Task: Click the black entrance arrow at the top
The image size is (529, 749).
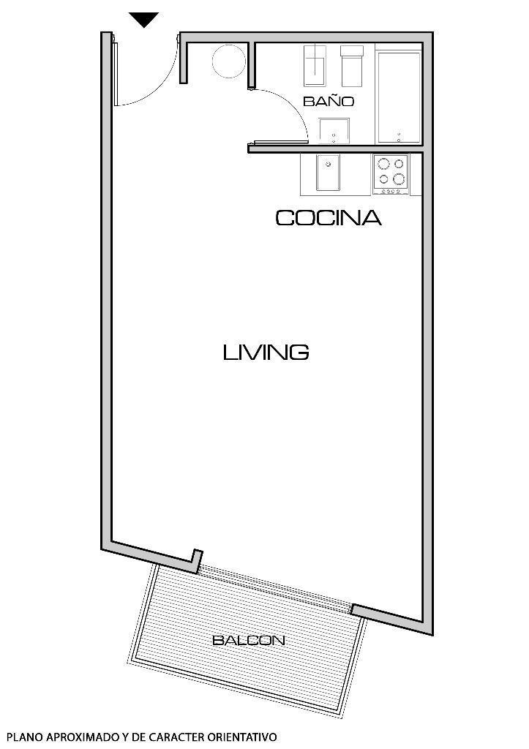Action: click(143, 20)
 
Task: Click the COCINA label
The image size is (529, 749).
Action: click(329, 218)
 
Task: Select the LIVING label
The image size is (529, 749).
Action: click(266, 353)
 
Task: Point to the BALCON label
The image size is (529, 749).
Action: click(248, 641)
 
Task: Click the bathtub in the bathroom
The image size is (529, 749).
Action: click(399, 96)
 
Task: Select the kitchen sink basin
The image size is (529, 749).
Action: click(328, 173)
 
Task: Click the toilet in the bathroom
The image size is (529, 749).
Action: click(316, 65)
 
